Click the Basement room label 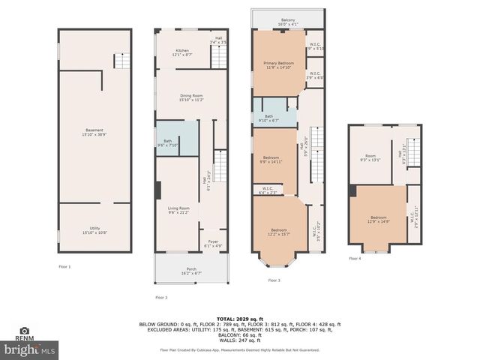pos(94,132)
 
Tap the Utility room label pos(94,231)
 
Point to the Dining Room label pos(191,97)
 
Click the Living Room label pos(178,210)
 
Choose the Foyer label pos(213,244)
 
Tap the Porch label pos(191,271)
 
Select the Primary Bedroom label pos(278,64)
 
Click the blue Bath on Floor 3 pos(268,118)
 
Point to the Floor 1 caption pos(64,267)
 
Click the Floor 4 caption pos(355,259)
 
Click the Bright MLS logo pos(29,349)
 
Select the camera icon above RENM pos(25,330)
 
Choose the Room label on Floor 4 pos(370,157)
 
